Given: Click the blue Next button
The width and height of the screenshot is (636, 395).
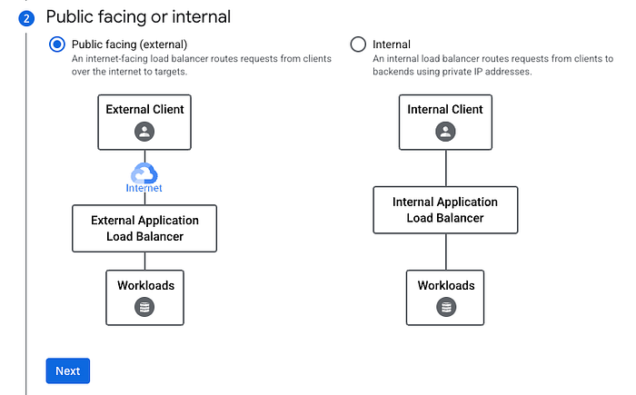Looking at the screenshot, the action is point(68,370).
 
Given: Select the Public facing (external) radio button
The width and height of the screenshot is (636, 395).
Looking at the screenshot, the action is point(56,44).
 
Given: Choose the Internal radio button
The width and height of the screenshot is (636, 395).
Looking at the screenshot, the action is point(358,44).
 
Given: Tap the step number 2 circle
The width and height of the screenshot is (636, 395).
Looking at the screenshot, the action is point(26,18).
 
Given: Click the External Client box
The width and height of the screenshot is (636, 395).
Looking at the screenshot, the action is point(144,123).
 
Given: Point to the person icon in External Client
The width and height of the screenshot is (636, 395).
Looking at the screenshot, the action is point(144,132).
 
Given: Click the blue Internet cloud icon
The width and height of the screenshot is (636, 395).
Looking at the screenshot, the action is point(144,173).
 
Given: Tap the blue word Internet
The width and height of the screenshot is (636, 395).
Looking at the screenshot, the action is point(144,188).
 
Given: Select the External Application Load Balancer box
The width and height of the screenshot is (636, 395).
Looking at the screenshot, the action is point(144,228).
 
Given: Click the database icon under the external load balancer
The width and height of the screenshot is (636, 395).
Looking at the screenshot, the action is point(144,307).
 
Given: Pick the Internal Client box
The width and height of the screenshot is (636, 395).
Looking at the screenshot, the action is point(445,123).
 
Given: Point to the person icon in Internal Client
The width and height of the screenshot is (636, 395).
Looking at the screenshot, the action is point(445,132).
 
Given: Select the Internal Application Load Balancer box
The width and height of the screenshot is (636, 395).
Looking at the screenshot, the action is point(445,210).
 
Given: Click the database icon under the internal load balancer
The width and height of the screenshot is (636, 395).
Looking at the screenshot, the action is point(446,307).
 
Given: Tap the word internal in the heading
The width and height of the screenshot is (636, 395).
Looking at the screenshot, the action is point(201,17).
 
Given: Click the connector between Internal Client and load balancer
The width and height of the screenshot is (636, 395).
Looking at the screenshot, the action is point(446,168).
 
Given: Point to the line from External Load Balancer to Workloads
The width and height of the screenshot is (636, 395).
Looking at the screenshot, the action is point(144,262).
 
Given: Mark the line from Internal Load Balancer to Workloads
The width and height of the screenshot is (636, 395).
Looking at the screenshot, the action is point(446,252).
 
